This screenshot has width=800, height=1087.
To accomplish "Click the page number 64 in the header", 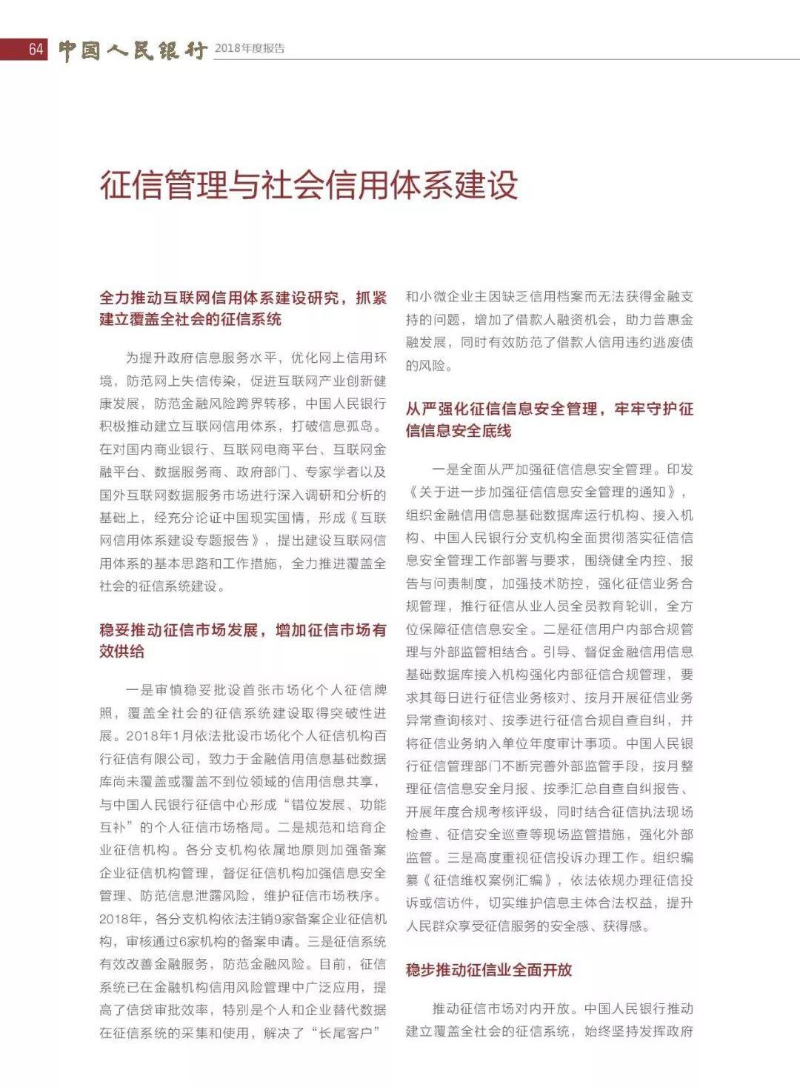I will pyautogui.click(x=36, y=50).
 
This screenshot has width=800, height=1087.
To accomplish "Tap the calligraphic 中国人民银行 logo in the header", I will pyautogui.click(x=133, y=50).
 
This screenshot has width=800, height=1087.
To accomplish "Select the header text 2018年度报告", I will pyautogui.click(x=250, y=49).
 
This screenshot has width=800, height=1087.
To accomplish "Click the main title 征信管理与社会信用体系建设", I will pyautogui.click(x=309, y=184).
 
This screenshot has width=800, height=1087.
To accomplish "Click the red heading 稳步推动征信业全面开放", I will pyautogui.click(x=489, y=970).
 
